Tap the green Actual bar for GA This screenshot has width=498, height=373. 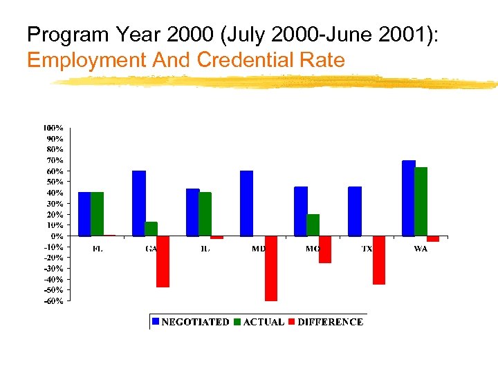[x=151, y=229]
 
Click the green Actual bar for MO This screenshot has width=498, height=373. [x=313, y=225]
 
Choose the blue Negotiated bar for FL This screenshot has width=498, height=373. [x=84, y=214]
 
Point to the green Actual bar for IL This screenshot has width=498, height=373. [x=205, y=214]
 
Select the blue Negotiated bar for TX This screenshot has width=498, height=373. [x=354, y=211]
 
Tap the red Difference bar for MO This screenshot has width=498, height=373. [x=325, y=249]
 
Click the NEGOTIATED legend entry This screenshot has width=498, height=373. [x=190, y=322]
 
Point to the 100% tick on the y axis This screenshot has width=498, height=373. [x=53, y=128]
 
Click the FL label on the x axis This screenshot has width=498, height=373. [x=98, y=249]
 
